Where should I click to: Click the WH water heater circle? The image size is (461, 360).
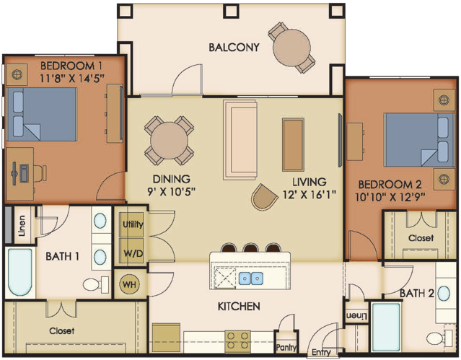pyautogui.click(x=130, y=284)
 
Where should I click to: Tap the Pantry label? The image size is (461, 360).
pyautogui.click(x=286, y=348)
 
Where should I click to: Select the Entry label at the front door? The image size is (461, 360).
pyautogui.click(x=321, y=352)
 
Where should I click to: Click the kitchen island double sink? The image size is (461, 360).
pyautogui.click(x=251, y=278)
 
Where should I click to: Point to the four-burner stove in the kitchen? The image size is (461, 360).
pyautogui.click(x=238, y=341)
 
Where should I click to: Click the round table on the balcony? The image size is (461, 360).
pyautogui.click(x=291, y=48)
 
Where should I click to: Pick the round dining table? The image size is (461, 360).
pyautogui.click(x=169, y=141)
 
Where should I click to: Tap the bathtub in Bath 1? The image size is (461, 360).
pyautogui.click(x=20, y=272)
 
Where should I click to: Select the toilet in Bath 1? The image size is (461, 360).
pyautogui.click(x=95, y=284)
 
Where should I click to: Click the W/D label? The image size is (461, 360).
pyautogui.click(x=133, y=253)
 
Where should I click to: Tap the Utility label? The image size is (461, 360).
pyautogui.click(x=133, y=224)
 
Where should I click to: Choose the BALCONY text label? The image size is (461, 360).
pyautogui.click(x=234, y=47)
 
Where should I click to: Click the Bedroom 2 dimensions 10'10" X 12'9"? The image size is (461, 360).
pyautogui.click(x=390, y=197)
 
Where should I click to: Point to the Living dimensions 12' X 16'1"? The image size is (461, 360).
pyautogui.click(x=309, y=194)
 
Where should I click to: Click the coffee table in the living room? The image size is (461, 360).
pyautogui.click(x=293, y=144)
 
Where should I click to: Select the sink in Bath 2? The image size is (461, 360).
pyautogui.click(x=444, y=294)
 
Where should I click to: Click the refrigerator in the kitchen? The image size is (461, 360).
pyautogui.click(x=166, y=338)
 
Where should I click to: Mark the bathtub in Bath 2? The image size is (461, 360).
pyautogui.click(x=386, y=327)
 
